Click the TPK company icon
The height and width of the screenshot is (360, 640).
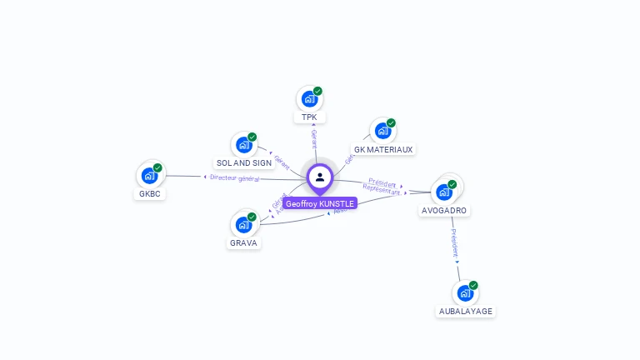[309, 99]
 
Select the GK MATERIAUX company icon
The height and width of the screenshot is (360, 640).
[382, 131]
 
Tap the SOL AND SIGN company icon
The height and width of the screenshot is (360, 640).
[243, 145]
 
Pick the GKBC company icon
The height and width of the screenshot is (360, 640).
[149, 176]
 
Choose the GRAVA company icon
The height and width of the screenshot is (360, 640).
[243, 225]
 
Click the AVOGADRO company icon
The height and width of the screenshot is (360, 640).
[444, 192]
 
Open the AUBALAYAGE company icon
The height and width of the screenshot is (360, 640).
[465, 293]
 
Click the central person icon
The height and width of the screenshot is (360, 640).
[320, 177]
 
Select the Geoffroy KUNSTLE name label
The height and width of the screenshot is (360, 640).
[320, 203]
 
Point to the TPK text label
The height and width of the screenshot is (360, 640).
[309, 117]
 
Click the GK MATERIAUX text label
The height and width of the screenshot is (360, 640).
[383, 150]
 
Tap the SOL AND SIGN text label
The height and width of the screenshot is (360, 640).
[244, 163]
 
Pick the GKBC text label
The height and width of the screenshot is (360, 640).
[150, 194]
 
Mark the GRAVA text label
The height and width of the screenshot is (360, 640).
[244, 243]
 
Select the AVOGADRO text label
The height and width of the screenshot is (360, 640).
[444, 211]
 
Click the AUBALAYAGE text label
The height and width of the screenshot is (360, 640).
[466, 312]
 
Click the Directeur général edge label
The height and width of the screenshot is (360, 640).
[234, 177]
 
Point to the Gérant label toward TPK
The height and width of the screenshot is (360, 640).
[314, 138]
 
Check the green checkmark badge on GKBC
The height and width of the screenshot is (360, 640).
[157, 167]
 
